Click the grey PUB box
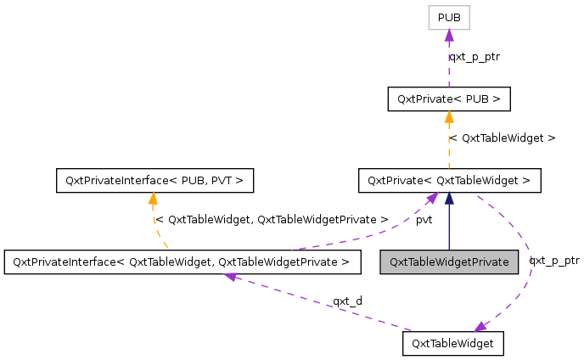(449, 18)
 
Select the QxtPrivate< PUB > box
(449, 99)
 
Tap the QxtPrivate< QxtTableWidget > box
(449, 180)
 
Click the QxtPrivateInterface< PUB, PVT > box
(153, 180)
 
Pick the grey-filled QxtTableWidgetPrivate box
(449, 262)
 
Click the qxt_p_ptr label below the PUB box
(474, 57)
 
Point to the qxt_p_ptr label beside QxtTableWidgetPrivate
(554, 261)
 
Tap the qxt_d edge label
(347, 301)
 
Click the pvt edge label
(424, 219)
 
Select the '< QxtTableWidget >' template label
(502, 138)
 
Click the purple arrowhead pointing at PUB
(449, 36)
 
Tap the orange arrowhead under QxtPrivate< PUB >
(449, 117)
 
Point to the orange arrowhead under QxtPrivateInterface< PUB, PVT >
(153, 199)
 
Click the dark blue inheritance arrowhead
(449, 199)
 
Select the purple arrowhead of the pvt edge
(432, 198)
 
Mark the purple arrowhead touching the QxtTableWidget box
(480, 326)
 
